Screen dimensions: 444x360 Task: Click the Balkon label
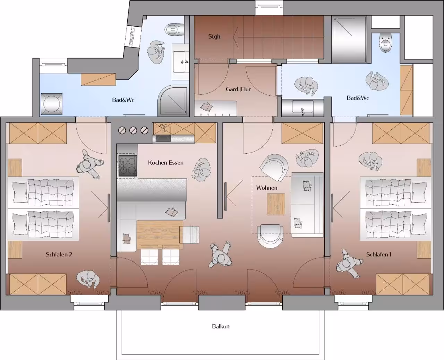point(221,326)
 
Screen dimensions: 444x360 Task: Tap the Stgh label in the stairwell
point(214,36)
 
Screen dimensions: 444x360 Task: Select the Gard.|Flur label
point(238,89)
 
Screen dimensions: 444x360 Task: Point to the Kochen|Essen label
point(166,163)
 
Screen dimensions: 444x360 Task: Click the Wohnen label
point(267,188)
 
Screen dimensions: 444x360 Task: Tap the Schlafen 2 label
point(59,254)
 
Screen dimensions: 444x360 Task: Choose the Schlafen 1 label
point(379,254)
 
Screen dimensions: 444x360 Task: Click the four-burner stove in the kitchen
point(128,166)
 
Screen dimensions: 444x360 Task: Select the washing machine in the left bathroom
point(51,104)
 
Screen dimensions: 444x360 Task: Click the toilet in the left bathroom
point(174,29)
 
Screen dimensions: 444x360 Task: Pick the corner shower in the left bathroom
point(173,101)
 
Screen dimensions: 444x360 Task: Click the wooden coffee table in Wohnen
point(276,204)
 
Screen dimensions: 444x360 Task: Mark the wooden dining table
point(160,235)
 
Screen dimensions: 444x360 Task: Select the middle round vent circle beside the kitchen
point(133,130)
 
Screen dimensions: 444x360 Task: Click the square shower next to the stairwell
point(349,39)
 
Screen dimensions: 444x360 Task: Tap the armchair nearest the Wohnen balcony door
point(270,235)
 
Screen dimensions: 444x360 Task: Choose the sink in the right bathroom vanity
point(302,108)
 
